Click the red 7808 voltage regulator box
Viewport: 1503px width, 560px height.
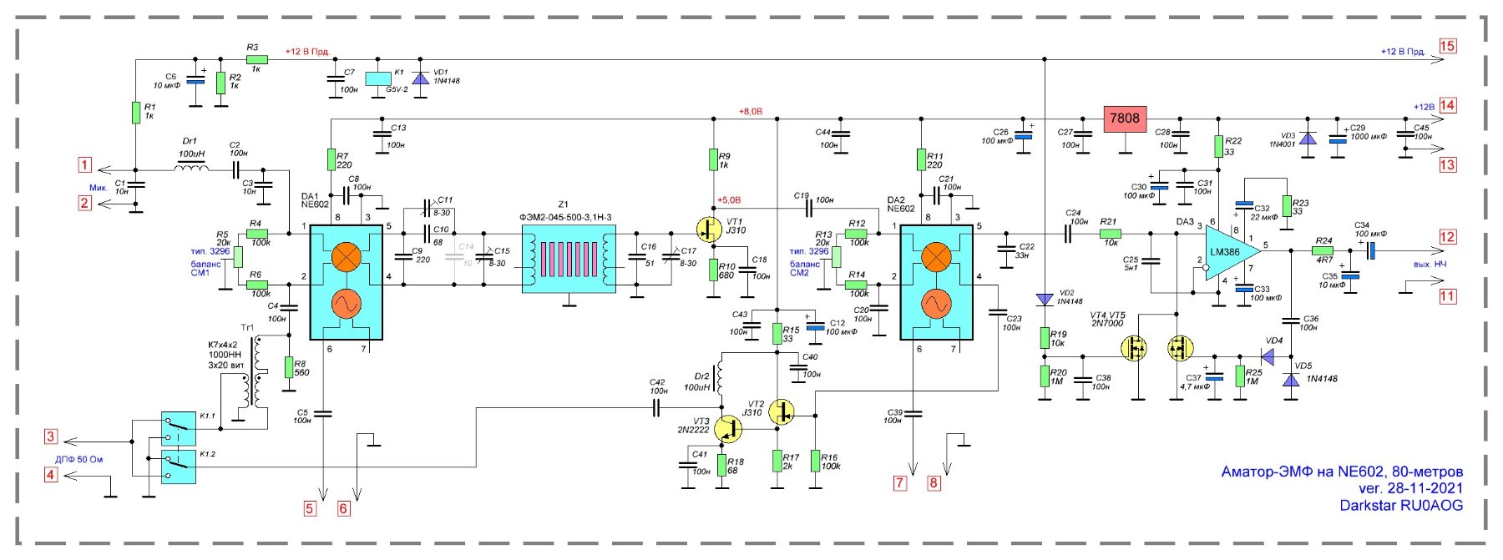tap(1125, 119)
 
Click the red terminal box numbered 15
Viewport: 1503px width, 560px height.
tap(1447, 46)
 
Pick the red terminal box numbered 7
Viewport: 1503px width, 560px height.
tap(899, 482)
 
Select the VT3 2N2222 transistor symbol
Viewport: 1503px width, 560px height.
tap(728, 429)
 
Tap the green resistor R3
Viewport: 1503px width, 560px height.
tap(256, 60)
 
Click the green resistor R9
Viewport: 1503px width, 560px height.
tap(713, 159)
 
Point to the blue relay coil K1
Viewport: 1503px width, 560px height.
tap(378, 77)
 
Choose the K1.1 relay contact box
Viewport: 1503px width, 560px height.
tap(179, 429)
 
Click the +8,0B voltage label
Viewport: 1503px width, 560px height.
tap(750, 111)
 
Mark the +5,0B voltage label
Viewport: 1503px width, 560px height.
tap(728, 200)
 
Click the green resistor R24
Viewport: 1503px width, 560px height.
tap(1323, 250)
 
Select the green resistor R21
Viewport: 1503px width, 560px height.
tap(1110, 235)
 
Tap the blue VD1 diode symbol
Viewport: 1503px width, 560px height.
tap(420, 78)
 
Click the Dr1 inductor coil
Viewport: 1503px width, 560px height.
tap(191, 169)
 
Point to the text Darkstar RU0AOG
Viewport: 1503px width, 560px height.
tap(1400, 505)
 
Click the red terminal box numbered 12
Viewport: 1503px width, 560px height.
tap(1447, 237)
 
